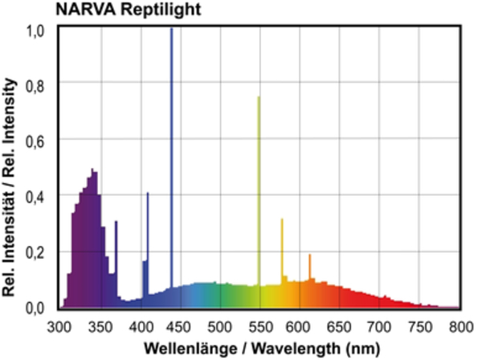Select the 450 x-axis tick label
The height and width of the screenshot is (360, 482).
(181, 326)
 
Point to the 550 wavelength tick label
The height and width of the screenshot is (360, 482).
(260, 326)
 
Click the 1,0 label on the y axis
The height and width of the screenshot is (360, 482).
(35, 30)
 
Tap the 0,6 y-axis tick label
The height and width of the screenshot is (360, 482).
(35, 141)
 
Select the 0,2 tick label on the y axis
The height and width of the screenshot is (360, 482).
(35, 252)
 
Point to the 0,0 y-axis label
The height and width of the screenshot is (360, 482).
(35, 308)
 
